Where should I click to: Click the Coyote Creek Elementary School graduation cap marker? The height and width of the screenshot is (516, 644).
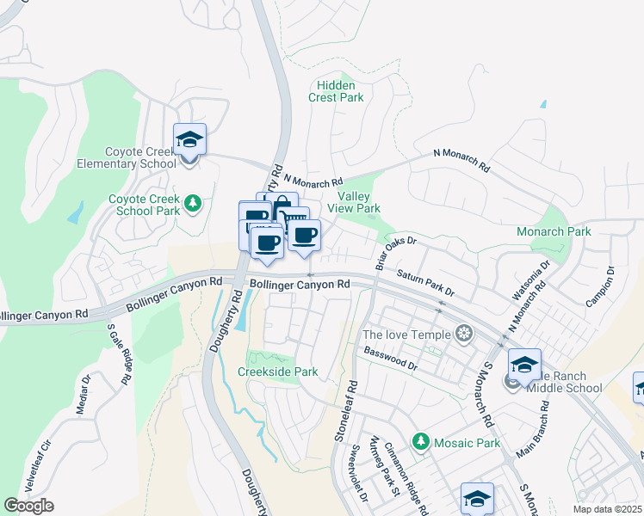189,140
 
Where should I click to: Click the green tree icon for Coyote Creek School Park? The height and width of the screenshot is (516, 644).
195,203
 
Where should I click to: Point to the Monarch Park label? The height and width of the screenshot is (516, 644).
553,231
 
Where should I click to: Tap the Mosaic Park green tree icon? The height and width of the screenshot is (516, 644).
420,442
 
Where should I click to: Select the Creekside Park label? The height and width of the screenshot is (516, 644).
278,372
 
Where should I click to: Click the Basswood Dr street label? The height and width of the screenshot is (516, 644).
390,359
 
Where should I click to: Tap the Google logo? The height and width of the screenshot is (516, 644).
28,505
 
